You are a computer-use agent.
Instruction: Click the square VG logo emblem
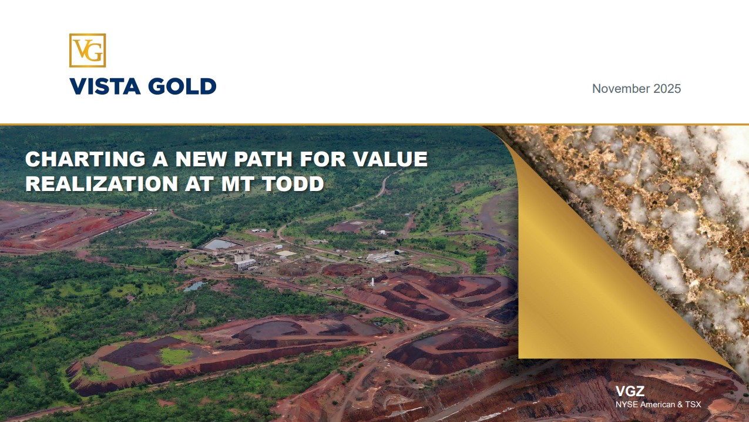[x=88, y=50]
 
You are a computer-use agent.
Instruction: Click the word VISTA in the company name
[x=105, y=86]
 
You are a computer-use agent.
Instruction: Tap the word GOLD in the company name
[x=182, y=86]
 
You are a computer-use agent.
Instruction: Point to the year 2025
[x=667, y=89]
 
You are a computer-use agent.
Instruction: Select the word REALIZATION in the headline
[x=101, y=184]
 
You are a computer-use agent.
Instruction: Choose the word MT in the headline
[x=237, y=184]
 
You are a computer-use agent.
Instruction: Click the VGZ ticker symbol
[x=630, y=391]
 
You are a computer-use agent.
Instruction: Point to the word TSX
[x=693, y=404]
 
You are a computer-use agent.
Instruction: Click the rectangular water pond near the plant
[x=220, y=245]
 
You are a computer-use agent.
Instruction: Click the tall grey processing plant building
[x=243, y=262]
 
